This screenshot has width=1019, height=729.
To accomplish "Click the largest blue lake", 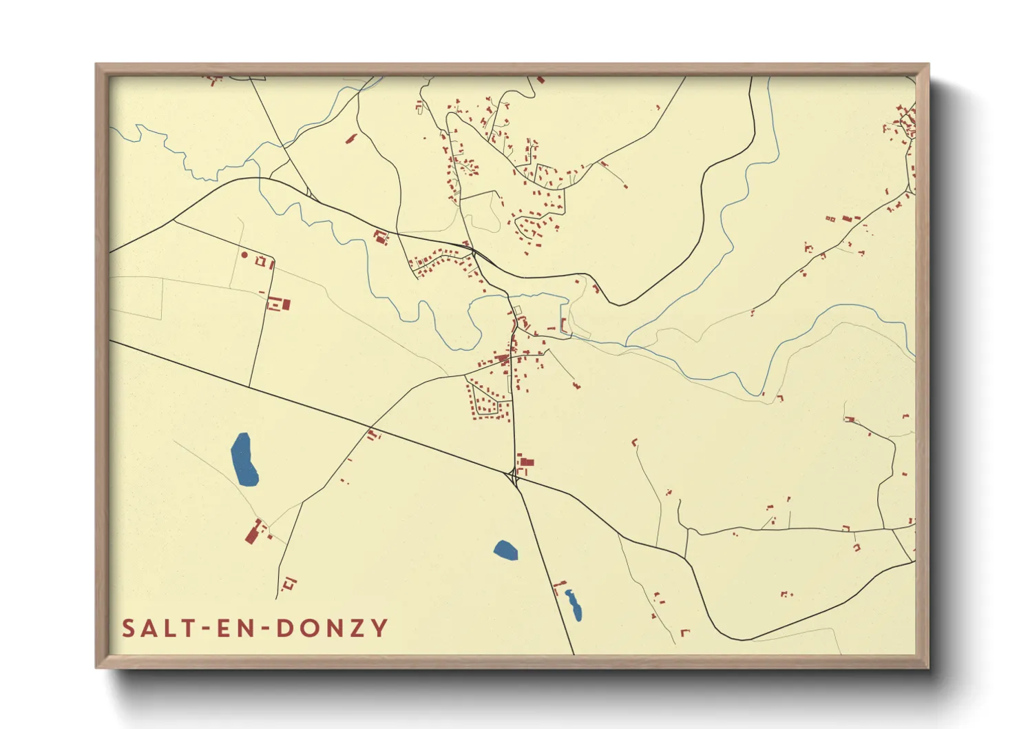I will coord(244,460).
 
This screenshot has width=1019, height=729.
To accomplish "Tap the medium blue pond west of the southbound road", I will coord(505,550).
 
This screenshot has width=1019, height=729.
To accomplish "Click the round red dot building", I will coord(244,255).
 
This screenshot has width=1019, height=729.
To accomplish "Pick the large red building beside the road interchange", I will coord(526,462).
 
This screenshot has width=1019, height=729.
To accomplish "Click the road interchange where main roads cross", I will coord(513,476).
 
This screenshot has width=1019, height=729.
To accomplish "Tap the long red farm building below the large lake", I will coord(253,532).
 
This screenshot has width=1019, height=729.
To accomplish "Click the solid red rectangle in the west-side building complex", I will coord(286,304).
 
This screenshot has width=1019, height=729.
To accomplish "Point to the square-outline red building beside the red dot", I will coord(261,261).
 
